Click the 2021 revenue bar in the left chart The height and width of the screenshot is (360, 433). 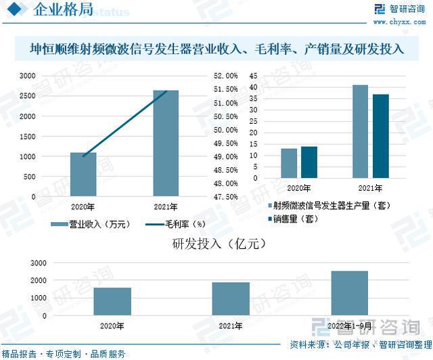click(x=166, y=143)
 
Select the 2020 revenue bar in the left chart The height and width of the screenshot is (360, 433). click(x=83, y=174)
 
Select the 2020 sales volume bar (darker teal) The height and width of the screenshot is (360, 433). click(x=309, y=162)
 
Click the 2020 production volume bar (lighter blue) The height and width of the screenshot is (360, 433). click(x=289, y=164)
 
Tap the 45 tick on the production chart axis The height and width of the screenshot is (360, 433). click(x=253, y=76)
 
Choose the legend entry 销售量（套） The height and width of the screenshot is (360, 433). click(x=296, y=219)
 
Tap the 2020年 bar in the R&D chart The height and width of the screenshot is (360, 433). click(x=112, y=301)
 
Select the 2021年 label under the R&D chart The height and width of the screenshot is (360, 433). click(x=231, y=325)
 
